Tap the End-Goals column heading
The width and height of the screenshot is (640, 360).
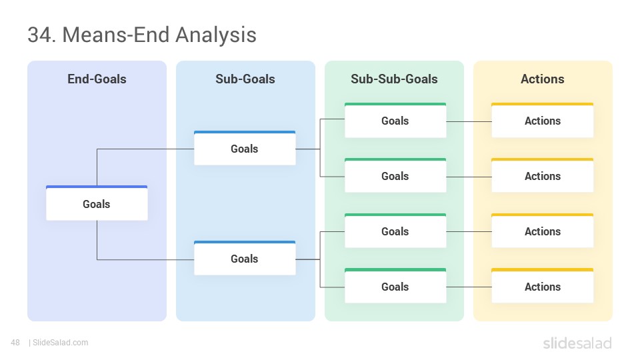(x=97, y=79)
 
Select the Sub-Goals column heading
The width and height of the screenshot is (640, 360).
(x=245, y=79)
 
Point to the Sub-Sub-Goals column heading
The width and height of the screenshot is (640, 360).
(x=394, y=79)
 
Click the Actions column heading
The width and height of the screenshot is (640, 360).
(x=543, y=79)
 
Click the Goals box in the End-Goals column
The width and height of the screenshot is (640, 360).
(x=97, y=203)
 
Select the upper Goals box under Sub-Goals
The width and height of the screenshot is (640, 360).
(x=245, y=148)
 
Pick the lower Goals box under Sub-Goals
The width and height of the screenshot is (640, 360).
(x=245, y=258)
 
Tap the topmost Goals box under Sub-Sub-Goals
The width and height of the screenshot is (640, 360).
(x=395, y=120)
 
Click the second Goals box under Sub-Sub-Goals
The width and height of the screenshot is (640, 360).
(x=395, y=175)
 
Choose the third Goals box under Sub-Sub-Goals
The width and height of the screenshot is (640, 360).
(x=395, y=231)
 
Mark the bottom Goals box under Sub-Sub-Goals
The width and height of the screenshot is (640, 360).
(x=395, y=286)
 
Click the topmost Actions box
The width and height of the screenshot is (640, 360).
(x=543, y=120)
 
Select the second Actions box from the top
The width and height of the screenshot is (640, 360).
(x=543, y=175)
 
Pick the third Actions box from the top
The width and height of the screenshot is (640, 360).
(x=543, y=231)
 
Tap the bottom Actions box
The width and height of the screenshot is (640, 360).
(x=543, y=286)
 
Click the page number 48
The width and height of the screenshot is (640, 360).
(x=15, y=343)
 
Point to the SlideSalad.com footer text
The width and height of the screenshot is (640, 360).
(x=61, y=343)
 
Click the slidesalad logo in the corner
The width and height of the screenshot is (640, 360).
(x=577, y=343)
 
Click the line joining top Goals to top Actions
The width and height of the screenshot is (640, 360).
(x=469, y=121)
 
